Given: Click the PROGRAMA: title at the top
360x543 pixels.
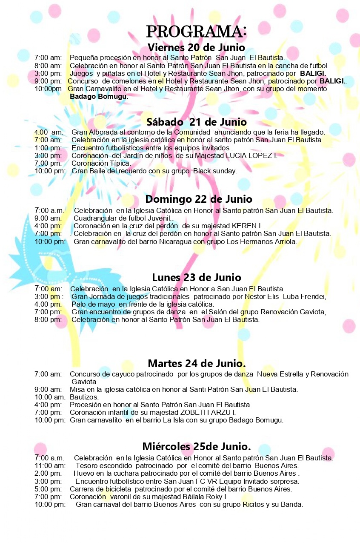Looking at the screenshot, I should point(196,32).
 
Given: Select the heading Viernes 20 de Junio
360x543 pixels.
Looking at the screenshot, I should point(196,47).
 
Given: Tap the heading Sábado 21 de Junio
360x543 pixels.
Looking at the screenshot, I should point(196,122).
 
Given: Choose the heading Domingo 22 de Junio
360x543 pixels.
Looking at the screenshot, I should point(199,199).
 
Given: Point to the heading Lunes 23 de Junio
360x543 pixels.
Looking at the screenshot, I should point(197,278).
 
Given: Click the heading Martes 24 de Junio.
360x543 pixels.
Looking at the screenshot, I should point(197,363).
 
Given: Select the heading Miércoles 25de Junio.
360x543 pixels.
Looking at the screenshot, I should point(197,446).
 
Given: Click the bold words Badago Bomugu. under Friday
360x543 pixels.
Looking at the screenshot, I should point(99,97).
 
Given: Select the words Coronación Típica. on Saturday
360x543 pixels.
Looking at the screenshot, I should point(101,163).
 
